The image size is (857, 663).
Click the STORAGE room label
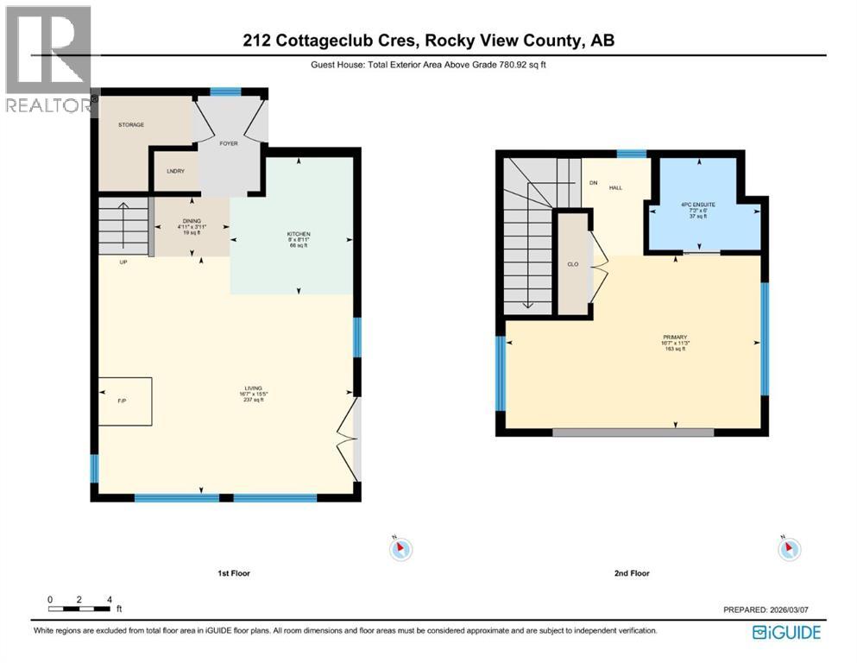(x=131, y=125)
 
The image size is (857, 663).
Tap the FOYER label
(x=229, y=143)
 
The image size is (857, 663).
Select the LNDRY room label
(x=175, y=171)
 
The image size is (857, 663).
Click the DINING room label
(x=192, y=222)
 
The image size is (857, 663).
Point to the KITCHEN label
(x=299, y=235)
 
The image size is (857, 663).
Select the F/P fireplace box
(x=125, y=401)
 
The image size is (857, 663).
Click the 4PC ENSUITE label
(x=694, y=205)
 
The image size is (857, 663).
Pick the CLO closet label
(x=572, y=264)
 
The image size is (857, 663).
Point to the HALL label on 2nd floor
(x=616, y=186)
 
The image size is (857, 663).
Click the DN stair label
(x=593, y=183)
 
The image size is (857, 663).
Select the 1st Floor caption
(x=234, y=573)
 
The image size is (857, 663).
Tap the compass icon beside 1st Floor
(x=401, y=548)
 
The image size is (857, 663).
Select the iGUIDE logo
(x=786, y=633)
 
